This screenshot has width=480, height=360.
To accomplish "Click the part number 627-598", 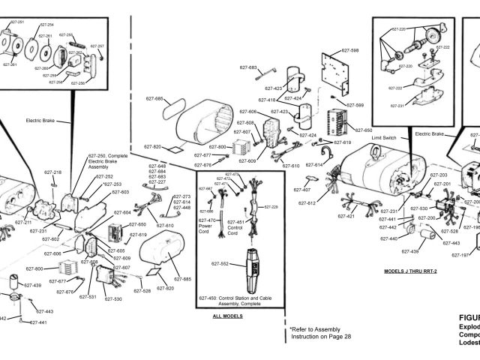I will (349, 50).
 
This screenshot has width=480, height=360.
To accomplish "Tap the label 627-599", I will (354, 106).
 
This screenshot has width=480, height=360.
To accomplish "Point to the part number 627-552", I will (220, 264).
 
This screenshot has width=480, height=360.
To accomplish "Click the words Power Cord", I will (206, 228).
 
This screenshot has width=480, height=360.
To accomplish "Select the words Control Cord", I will (235, 228).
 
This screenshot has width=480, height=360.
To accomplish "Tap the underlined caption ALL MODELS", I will (228, 316).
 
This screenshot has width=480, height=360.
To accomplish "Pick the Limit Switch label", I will (383, 138).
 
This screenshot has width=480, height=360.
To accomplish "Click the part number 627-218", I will (52, 172).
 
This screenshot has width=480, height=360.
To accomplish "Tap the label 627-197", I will (460, 256).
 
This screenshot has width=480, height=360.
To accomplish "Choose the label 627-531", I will (88, 297).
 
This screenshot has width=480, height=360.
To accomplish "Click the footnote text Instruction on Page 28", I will (321, 336).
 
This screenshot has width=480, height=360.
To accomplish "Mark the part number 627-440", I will (388, 238).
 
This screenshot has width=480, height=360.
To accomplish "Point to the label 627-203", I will (439, 175).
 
